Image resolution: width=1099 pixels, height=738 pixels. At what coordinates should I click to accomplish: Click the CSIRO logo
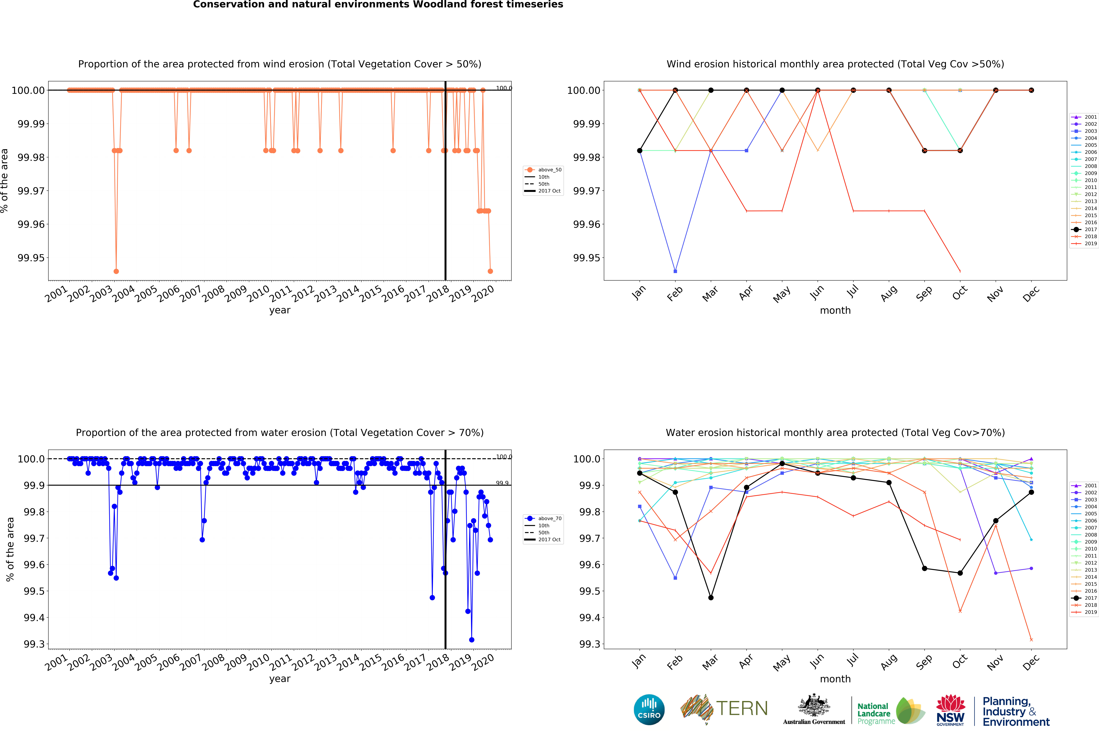(649, 709)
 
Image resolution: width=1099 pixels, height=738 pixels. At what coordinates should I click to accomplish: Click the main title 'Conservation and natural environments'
(378, 5)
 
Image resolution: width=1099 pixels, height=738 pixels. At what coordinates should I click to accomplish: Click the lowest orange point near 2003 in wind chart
(116, 271)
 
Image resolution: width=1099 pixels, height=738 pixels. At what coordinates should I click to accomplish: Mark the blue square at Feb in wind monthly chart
(675, 271)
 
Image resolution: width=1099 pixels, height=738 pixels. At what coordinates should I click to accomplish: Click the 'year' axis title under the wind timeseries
(280, 310)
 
